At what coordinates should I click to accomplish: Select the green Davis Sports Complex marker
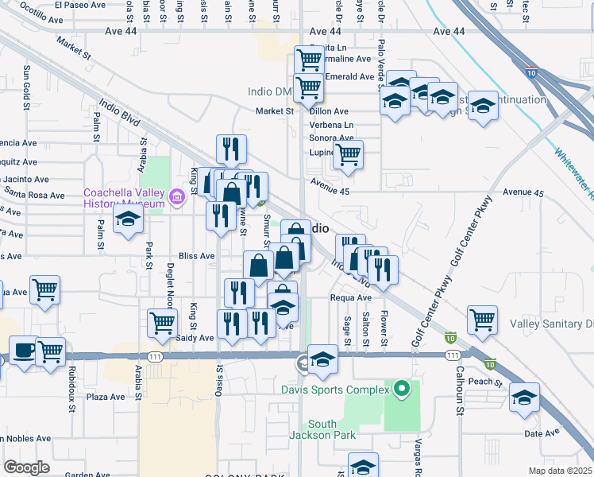pyautogui.click(x=402, y=390)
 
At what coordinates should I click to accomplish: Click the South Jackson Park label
pyautogui.click(x=322, y=429)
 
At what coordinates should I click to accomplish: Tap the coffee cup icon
pyautogui.click(x=21, y=350)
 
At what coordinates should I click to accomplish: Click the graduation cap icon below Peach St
pyautogui.click(x=524, y=397)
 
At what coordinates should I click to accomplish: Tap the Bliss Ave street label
pyautogui.click(x=197, y=256)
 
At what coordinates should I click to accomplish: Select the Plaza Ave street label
pyautogui.click(x=106, y=397)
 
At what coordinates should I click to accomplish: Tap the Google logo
pyautogui.click(x=27, y=467)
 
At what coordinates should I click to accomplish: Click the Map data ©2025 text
pyautogui.click(x=560, y=470)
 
